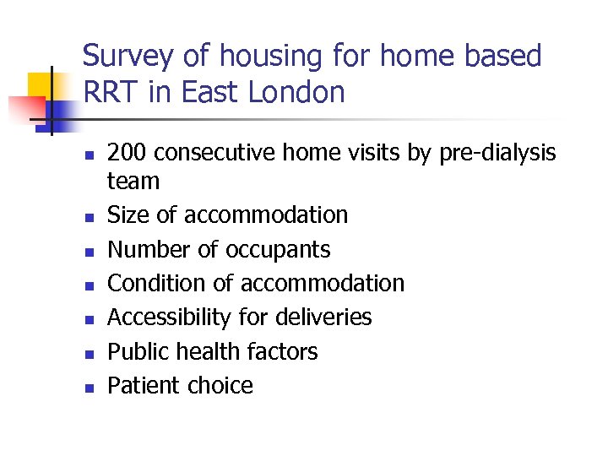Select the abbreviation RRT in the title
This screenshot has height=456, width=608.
tap(111, 92)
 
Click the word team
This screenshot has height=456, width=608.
tap(133, 181)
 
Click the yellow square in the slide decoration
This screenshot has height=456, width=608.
tap(42, 84)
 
